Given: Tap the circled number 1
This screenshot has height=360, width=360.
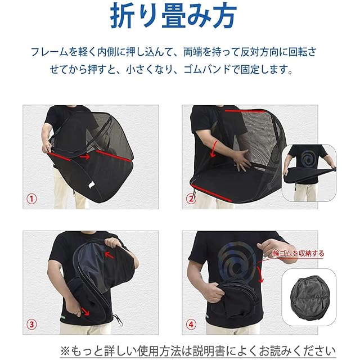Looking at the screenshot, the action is [31, 199].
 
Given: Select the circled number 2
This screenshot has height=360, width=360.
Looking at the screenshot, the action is [191, 199].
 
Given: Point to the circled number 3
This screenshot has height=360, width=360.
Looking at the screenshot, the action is [31, 325].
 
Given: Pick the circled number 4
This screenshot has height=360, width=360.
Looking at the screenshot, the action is [191, 325].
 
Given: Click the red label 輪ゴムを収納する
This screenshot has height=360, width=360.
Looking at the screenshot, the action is [298, 254].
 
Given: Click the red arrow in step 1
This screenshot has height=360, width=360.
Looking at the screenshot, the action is [85, 157].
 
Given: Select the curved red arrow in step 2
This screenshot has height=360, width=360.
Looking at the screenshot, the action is [213, 148].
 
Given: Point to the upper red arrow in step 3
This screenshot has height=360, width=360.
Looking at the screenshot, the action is [109, 255].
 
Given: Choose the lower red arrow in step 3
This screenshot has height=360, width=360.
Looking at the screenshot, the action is [85, 312].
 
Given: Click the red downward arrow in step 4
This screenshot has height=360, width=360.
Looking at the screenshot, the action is [260, 274].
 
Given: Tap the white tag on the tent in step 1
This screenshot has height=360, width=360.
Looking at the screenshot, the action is [91, 184].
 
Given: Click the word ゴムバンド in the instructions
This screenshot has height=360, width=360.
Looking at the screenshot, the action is [207, 69].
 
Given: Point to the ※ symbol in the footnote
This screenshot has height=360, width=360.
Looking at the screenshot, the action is [65, 351].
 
